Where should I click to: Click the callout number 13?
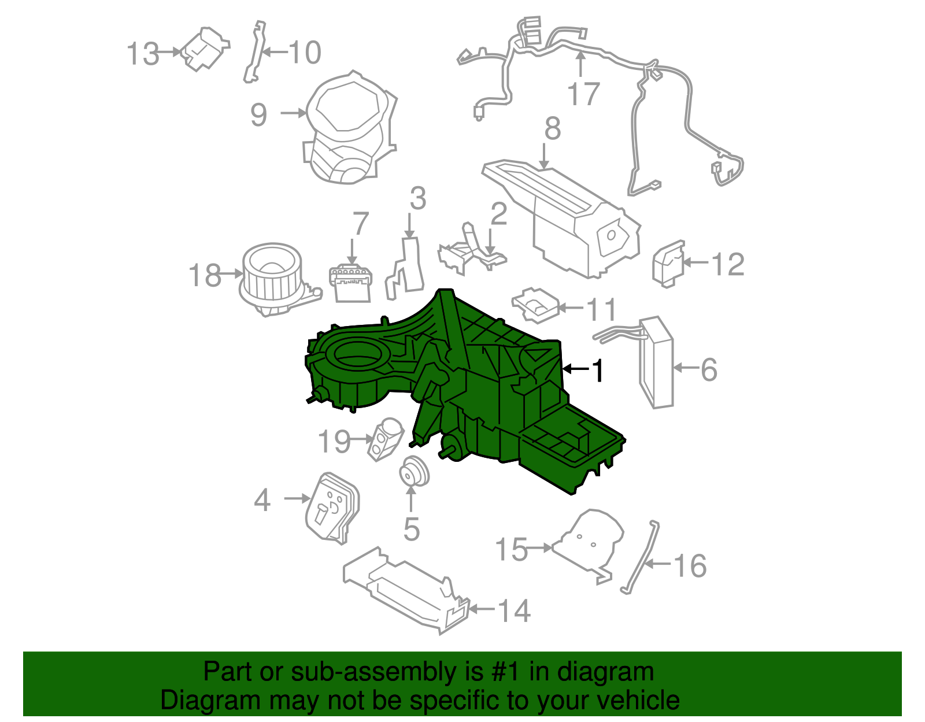[142, 54]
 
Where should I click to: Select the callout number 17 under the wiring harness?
[583, 94]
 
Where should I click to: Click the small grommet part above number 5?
[415, 471]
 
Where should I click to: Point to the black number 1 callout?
[598, 371]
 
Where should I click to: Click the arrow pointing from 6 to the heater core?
[687, 367]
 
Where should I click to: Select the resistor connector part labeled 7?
[351, 283]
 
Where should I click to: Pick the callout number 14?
[513, 610]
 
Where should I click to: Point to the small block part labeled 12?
[668, 264]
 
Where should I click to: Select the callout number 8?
[552, 128]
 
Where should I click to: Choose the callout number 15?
[511, 549]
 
